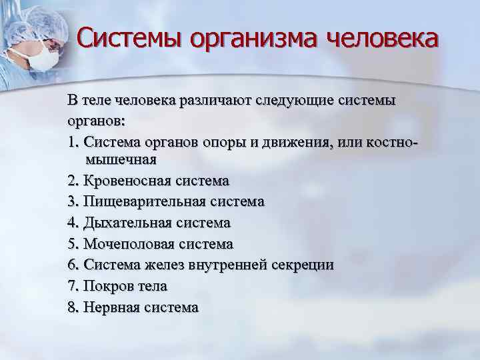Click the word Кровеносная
[x=129, y=181]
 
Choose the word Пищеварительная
[x=145, y=202]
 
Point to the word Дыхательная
[x=129, y=223]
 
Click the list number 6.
[x=72, y=265]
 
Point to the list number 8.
[x=72, y=307]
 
